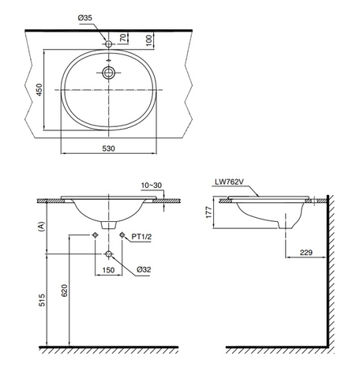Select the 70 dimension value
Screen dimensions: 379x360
click(122, 37)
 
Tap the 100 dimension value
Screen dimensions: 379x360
click(148, 39)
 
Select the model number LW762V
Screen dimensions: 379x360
click(229, 181)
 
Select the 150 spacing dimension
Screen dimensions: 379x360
click(109, 269)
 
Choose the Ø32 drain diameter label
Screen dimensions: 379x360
click(144, 269)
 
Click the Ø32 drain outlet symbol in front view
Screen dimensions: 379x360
click(109, 254)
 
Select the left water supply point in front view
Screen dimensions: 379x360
click(96, 235)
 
